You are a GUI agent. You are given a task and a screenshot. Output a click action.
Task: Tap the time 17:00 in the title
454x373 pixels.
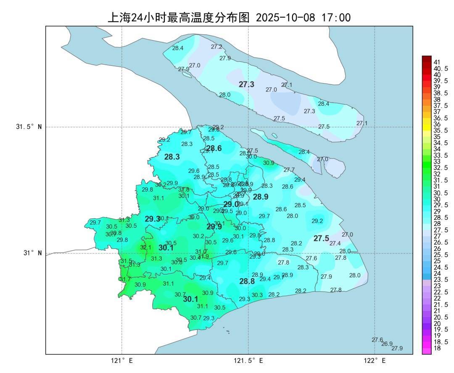336,18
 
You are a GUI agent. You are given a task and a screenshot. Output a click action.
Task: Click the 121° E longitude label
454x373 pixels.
122,361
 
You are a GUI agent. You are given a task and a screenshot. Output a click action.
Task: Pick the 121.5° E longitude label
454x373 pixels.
248,361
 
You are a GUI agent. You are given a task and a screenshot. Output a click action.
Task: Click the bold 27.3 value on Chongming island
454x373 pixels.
246,84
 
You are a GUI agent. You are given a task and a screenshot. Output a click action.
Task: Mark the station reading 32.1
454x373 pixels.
145,248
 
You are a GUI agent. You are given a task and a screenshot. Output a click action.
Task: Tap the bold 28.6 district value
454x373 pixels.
214,148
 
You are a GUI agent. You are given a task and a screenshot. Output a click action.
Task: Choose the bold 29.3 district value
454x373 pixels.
153,219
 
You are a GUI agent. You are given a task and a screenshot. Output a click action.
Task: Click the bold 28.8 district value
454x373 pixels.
247,282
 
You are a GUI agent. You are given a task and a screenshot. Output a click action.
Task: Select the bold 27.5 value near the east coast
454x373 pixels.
321,238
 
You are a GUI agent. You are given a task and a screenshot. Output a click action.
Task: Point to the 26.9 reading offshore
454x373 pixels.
387,344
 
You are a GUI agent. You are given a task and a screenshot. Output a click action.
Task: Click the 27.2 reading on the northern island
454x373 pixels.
216,47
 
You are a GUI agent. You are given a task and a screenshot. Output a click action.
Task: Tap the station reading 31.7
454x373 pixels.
125,279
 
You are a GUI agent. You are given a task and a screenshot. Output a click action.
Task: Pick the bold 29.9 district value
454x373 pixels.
214,227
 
